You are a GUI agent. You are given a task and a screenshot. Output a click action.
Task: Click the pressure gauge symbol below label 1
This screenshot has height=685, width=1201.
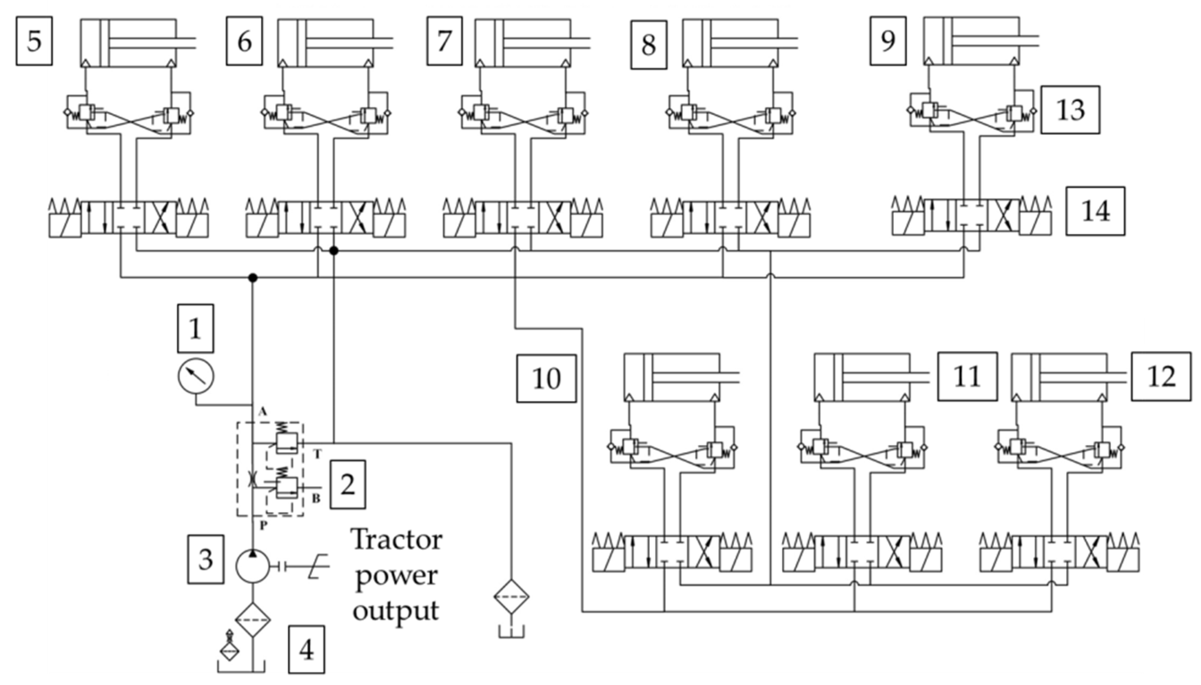pyautogui.click(x=196, y=376)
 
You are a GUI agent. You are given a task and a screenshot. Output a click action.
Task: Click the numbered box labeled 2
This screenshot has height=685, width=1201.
pyautogui.click(x=347, y=485)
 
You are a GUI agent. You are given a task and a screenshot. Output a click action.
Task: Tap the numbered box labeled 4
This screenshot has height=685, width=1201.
pyautogui.click(x=307, y=649)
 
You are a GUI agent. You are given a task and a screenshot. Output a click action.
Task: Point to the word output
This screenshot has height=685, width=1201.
pyautogui.click(x=396, y=610)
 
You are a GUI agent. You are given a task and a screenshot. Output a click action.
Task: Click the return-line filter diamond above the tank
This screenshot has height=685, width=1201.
pyautogui.click(x=512, y=596)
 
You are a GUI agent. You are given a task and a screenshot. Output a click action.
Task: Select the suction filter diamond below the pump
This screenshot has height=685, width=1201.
pyautogui.click(x=253, y=620)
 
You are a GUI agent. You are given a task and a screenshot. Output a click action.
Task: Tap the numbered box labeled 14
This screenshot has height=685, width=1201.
pyautogui.click(x=1095, y=211)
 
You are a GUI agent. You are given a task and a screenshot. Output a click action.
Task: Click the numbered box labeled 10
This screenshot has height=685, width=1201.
pyautogui.click(x=546, y=378)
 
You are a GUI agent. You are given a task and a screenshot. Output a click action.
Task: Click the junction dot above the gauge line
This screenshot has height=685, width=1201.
pyautogui.click(x=253, y=278)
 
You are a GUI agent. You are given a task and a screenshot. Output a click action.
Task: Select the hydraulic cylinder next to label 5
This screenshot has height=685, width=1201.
pyautogui.click(x=128, y=42)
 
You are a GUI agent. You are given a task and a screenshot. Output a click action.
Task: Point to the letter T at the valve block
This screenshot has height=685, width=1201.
pyautogui.click(x=317, y=453)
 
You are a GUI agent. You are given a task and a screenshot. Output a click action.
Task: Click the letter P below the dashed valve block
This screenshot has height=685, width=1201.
pyautogui.click(x=263, y=525)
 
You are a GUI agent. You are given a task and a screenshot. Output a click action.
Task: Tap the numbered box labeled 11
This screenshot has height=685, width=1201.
pyautogui.click(x=967, y=376)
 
